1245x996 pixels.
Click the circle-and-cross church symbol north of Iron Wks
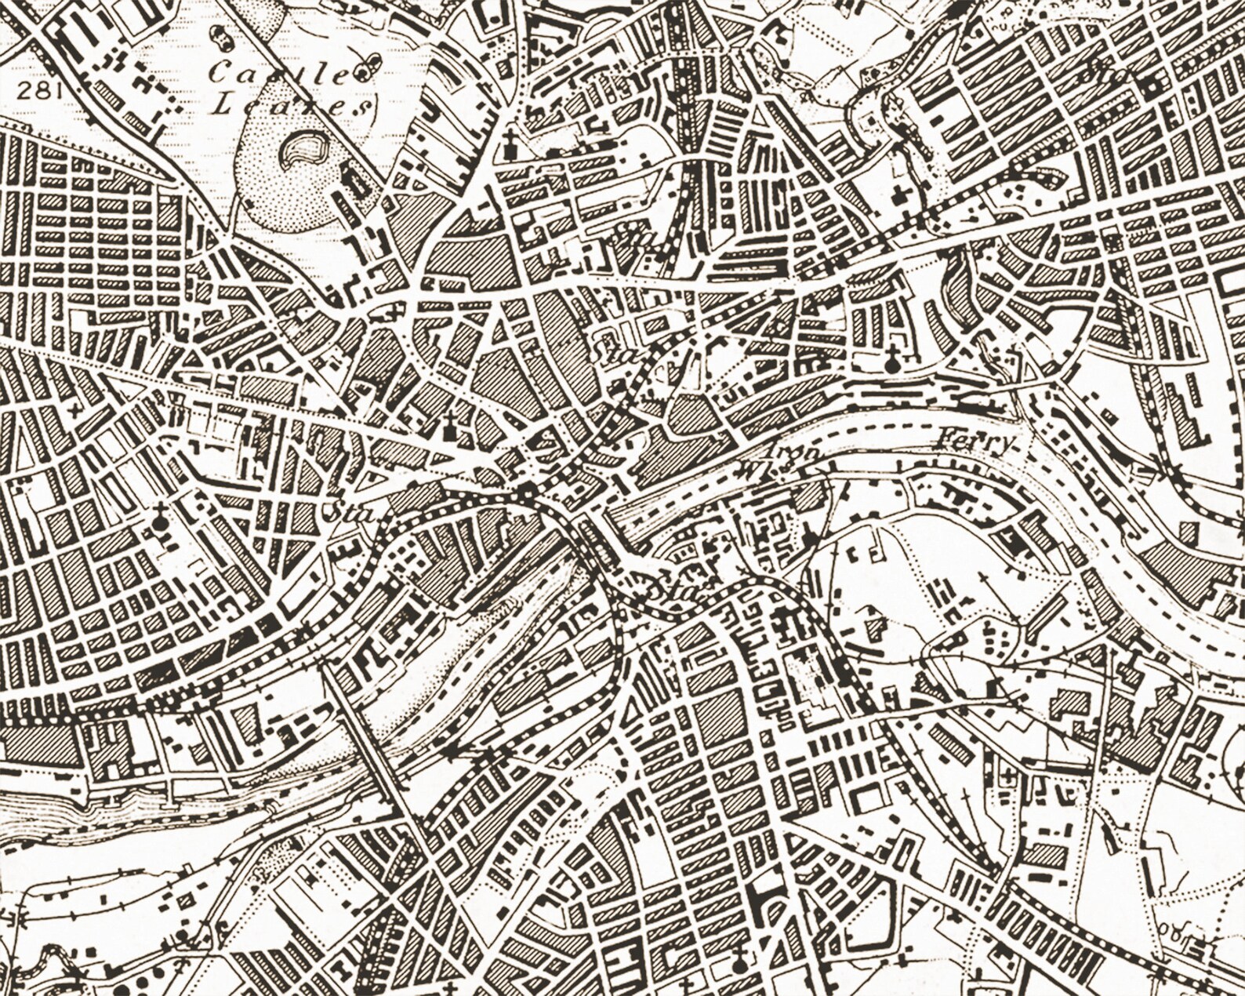click(x=891, y=362)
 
